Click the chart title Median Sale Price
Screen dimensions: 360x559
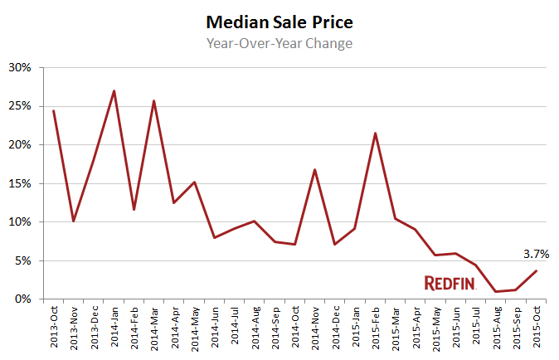coord(279,21)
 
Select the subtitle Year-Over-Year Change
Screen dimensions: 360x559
coord(279,43)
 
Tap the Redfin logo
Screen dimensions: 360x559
coord(450,283)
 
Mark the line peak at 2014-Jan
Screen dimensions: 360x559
coord(114,91)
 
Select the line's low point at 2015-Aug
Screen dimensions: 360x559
coord(496,291)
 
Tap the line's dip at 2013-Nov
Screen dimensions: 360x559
coord(74,221)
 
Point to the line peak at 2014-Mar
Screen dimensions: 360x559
coord(154,101)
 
